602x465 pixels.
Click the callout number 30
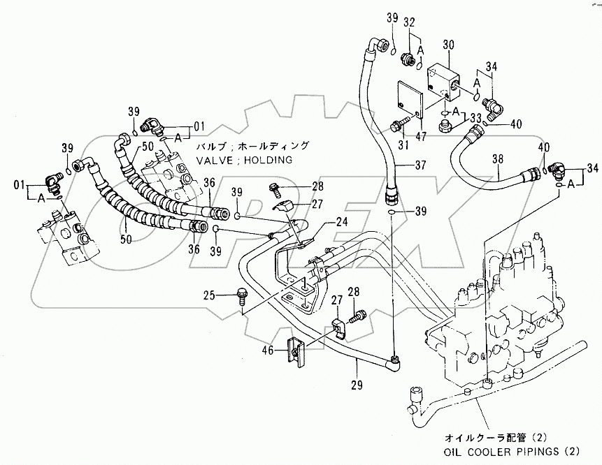pyautogui.click(x=448, y=43)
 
